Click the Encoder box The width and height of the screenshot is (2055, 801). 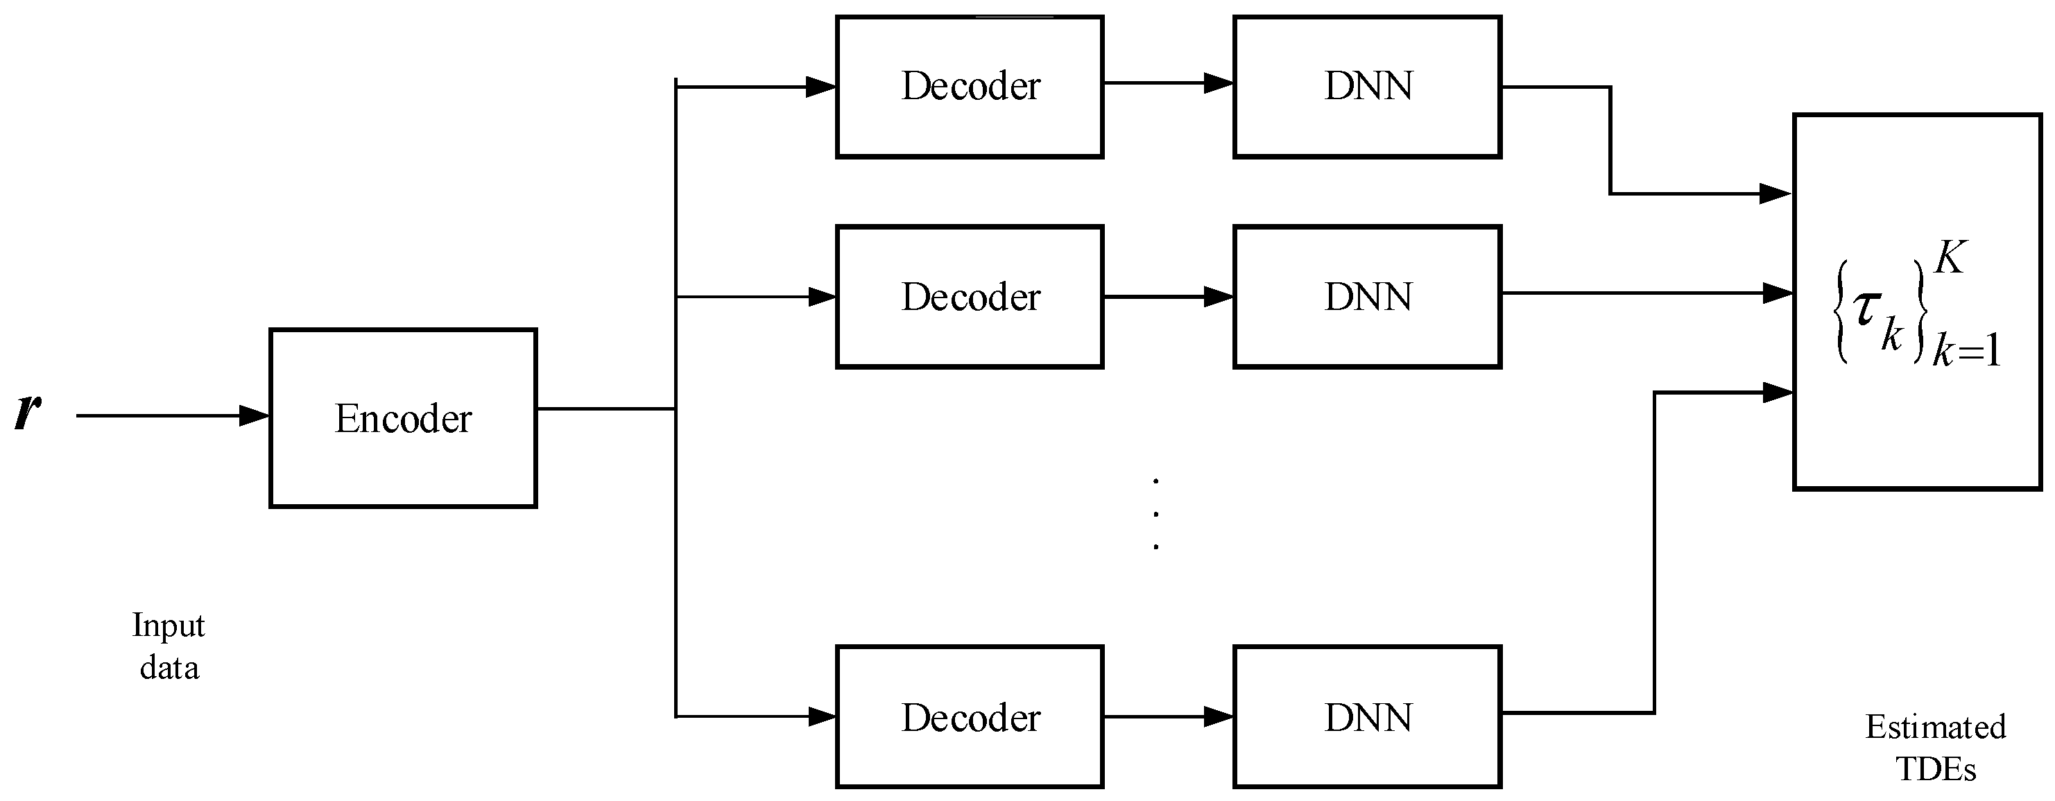[x=403, y=418]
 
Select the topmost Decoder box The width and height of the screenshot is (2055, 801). [x=970, y=86]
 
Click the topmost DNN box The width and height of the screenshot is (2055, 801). [x=1367, y=86]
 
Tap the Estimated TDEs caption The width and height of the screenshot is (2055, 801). [x=1935, y=748]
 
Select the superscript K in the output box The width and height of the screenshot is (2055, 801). [x=1950, y=258]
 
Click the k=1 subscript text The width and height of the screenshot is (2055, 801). [x=1966, y=350]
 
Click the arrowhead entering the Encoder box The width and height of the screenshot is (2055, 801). [x=254, y=415]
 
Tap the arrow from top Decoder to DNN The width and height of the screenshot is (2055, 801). [x=1169, y=83]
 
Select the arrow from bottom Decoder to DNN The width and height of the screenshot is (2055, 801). [x=1169, y=716]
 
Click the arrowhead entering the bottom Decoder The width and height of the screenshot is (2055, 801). [x=821, y=716]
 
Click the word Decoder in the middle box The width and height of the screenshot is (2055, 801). [x=971, y=297]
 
